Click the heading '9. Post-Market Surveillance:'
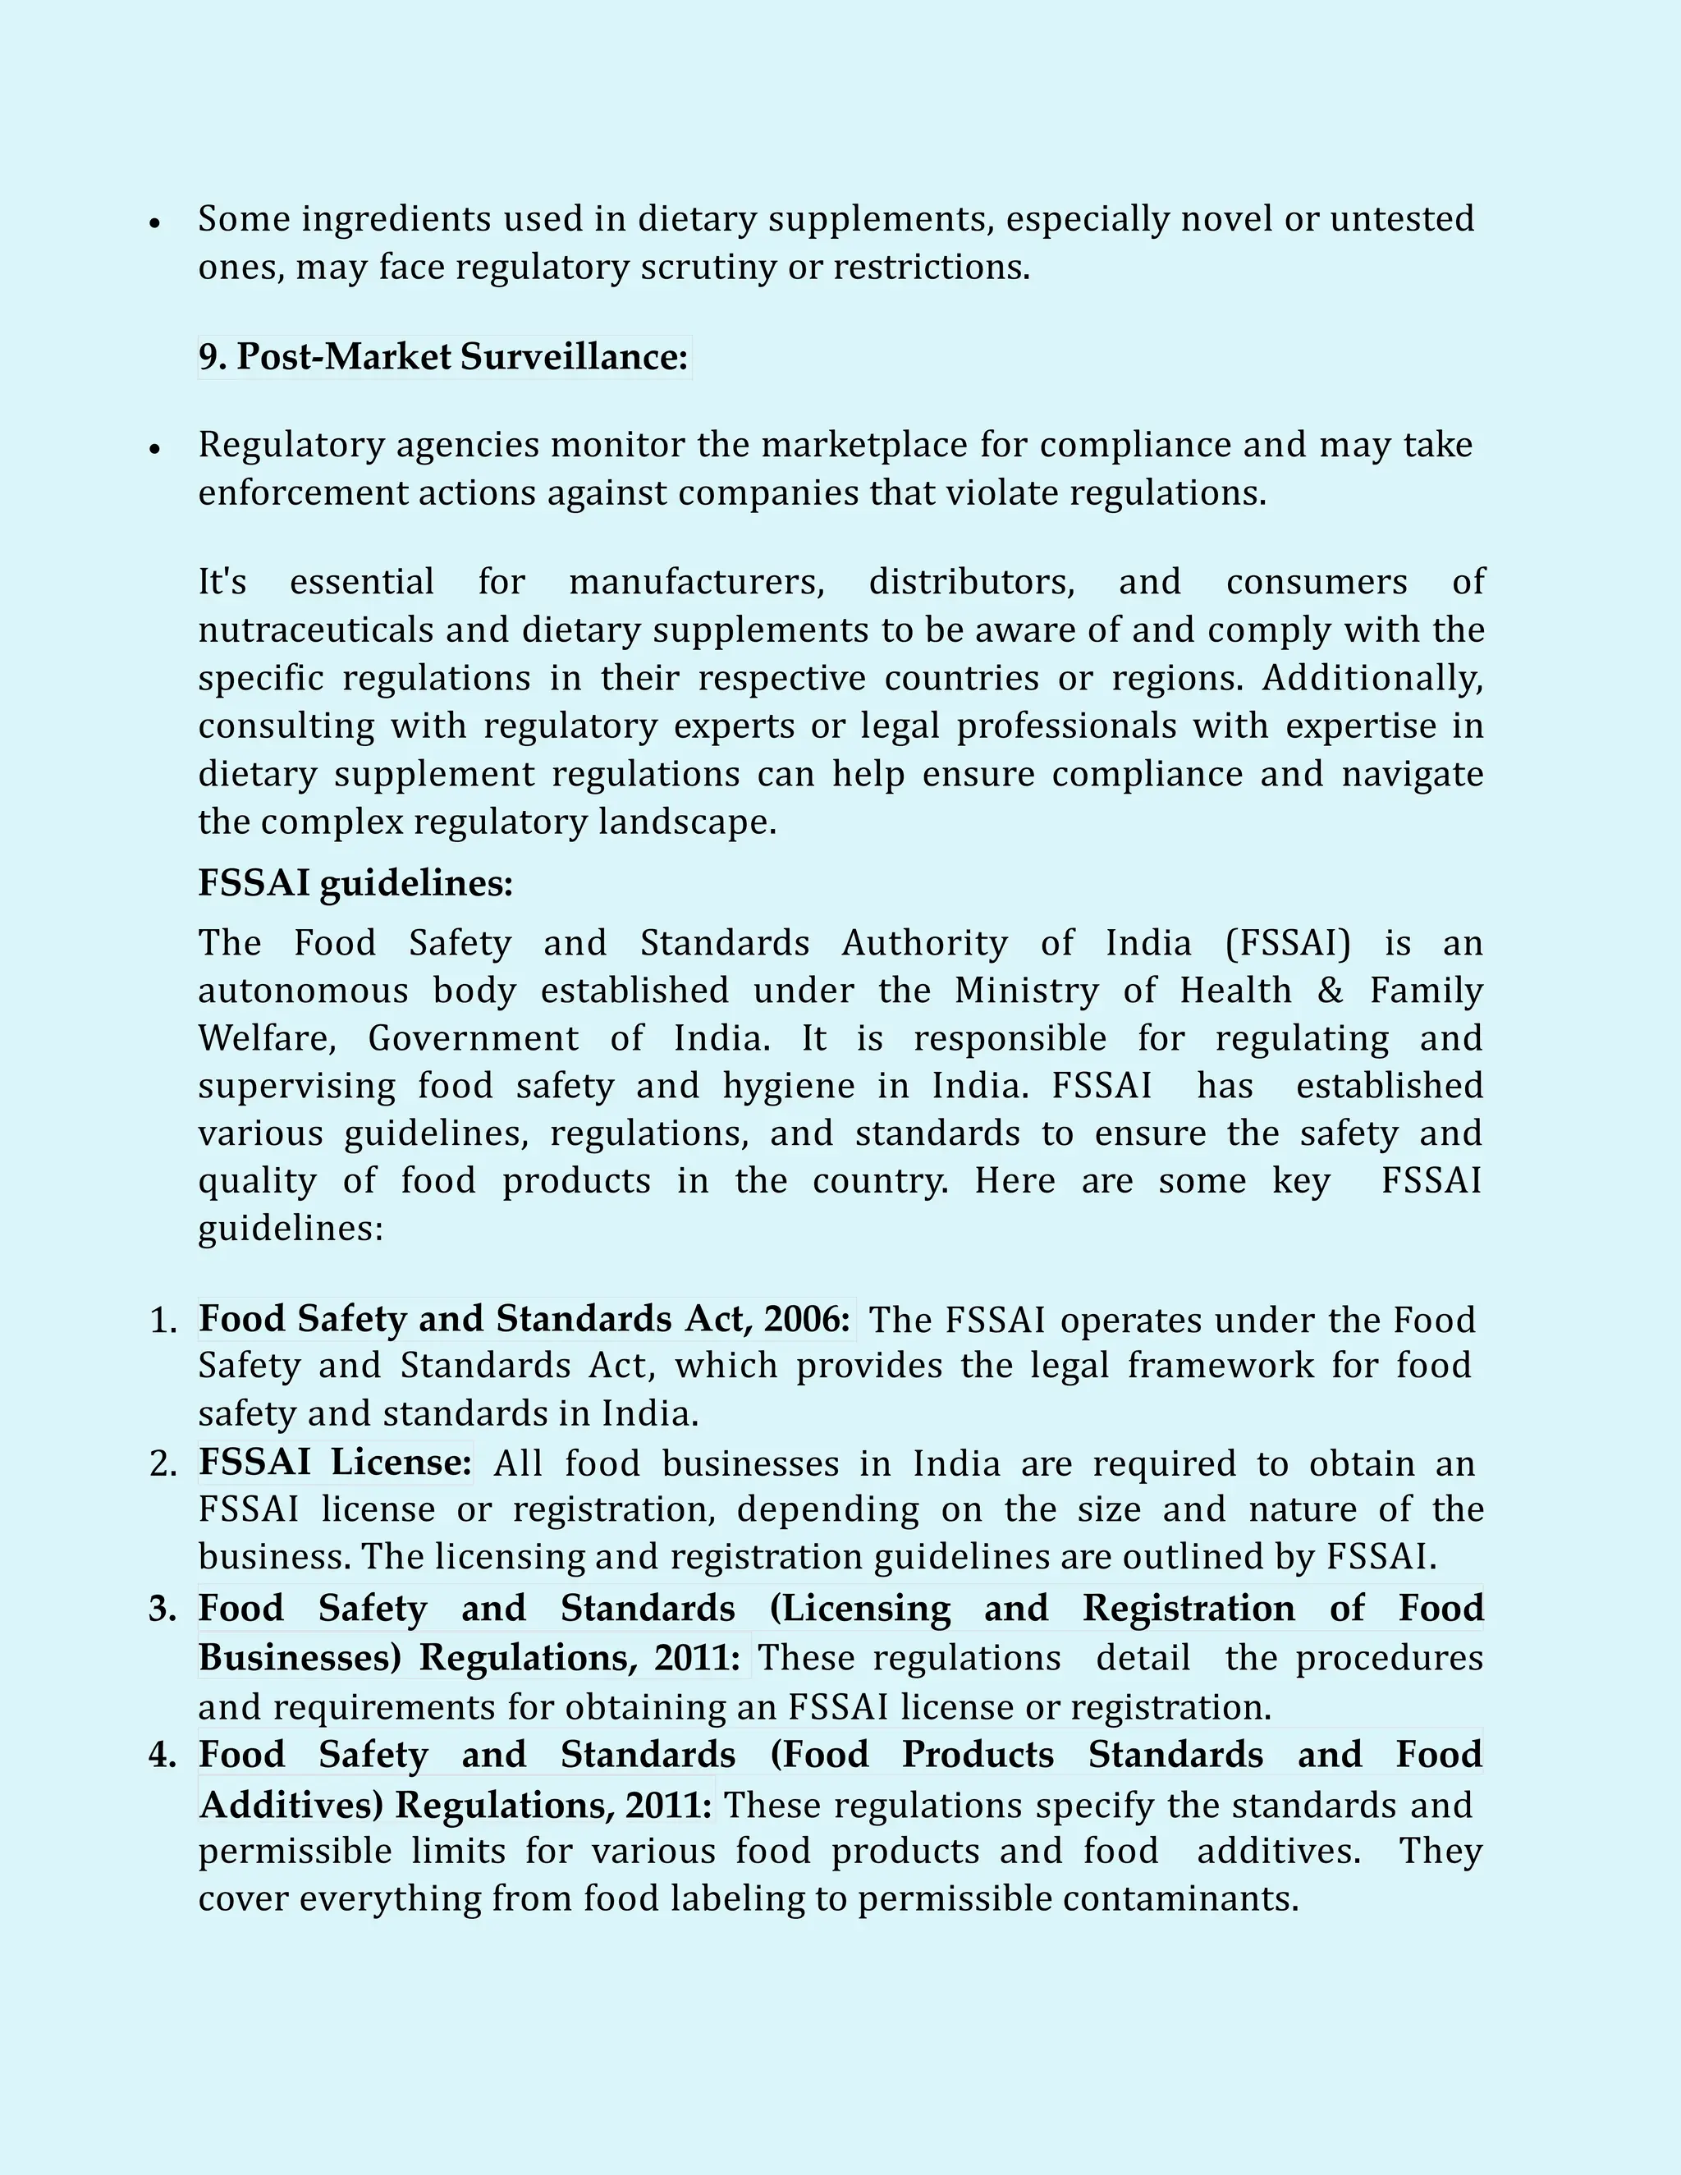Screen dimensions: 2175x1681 (443, 356)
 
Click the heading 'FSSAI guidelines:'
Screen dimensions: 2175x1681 (355, 883)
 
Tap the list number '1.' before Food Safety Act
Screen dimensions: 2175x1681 (163, 1321)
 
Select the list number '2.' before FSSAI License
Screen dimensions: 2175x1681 (163, 1464)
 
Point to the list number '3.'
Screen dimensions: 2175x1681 (163, 1609)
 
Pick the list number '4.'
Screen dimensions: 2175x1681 (163, 1755)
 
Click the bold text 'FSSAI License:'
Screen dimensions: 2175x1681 (335, 1463)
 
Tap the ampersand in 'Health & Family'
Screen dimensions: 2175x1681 (1330, 991)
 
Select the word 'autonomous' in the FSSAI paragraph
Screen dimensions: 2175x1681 (303, 991)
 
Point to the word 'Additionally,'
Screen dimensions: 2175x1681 (1372, 678)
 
